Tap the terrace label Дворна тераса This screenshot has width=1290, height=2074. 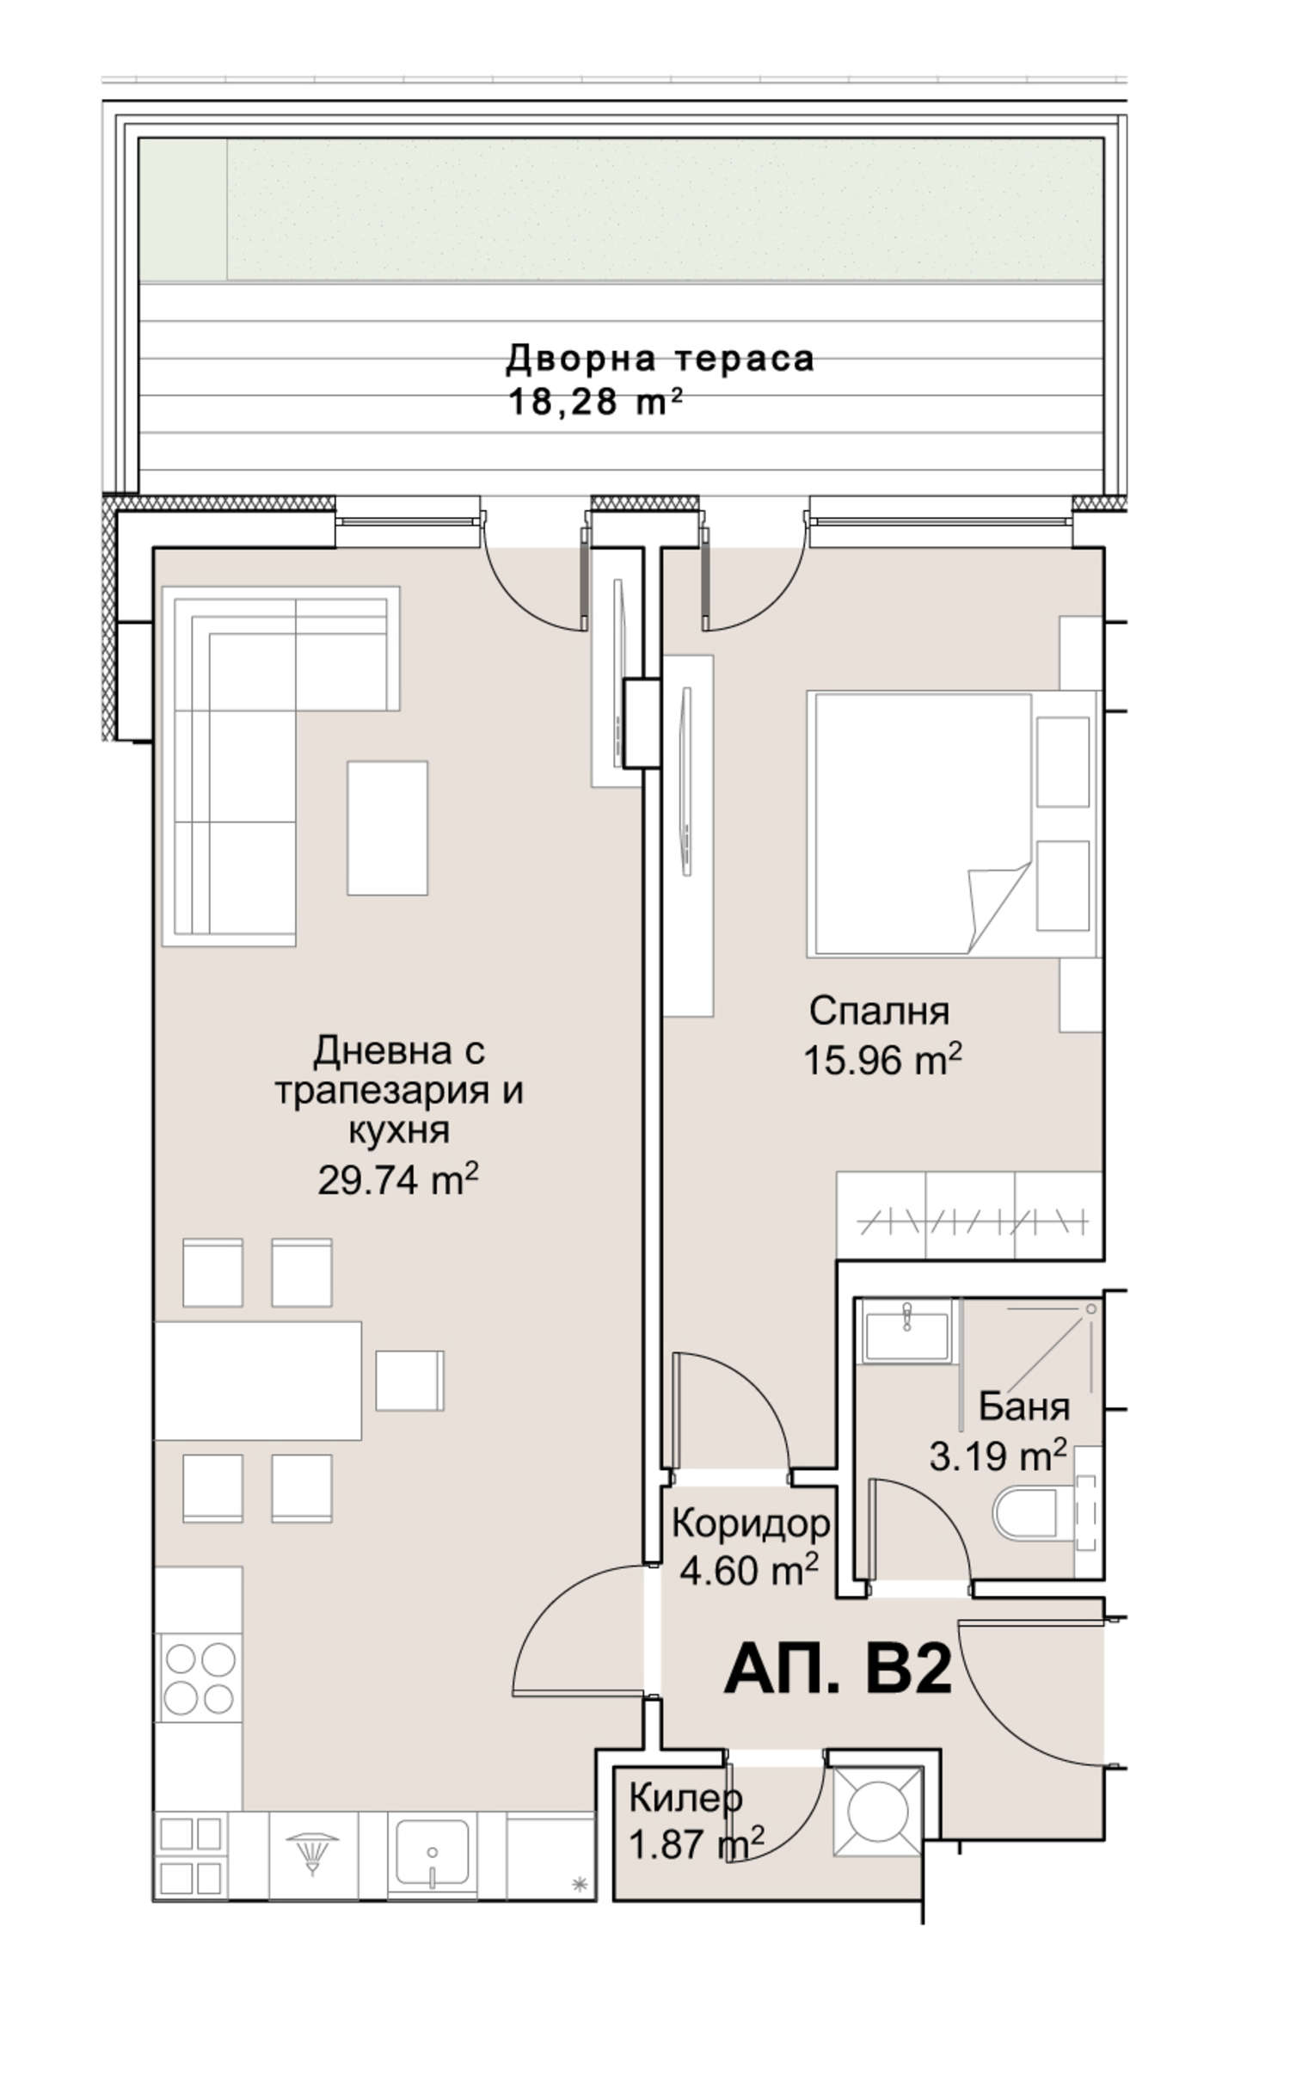coord(660,359)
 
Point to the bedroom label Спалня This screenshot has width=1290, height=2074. coord(879,1012)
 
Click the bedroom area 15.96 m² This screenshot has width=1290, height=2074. coord(881,1059)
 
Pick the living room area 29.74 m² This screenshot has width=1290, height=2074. coord(397,1179)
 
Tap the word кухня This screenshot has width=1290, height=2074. coord(399,1131)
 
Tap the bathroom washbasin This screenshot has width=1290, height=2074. coord(906,1332)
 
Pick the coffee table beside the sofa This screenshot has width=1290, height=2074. coord(387,828)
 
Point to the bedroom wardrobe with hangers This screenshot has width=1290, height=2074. coord(969,1216)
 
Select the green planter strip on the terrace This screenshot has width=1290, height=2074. coord(621,210)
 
